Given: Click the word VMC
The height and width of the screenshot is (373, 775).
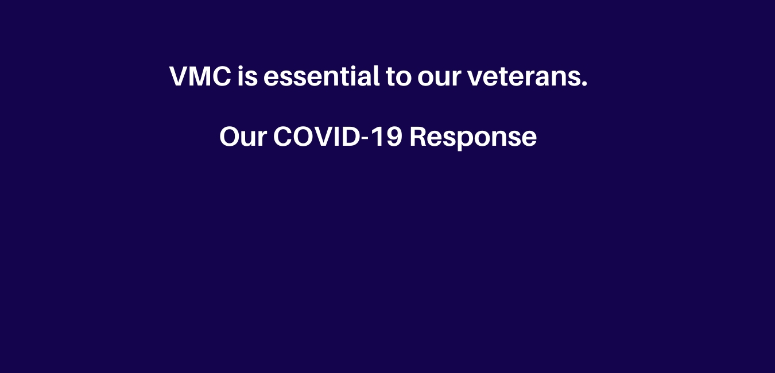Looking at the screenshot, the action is click(200, 76).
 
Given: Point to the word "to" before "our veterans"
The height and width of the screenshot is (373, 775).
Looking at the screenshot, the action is click(398, 77).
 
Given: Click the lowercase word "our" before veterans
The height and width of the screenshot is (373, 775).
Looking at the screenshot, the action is click(439, 79).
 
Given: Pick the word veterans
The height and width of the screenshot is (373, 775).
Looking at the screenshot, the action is click(524, 77).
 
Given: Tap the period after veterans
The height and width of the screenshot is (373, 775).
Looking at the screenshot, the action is click(584, 84).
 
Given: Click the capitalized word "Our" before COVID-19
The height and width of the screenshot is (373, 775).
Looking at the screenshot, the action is click(243, 137).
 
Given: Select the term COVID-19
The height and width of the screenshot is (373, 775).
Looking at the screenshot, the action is click(338, 137).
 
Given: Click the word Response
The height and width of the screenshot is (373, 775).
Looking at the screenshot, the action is click(473, 138).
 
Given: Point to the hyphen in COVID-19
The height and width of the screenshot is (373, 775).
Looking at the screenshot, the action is click(365, 139).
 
